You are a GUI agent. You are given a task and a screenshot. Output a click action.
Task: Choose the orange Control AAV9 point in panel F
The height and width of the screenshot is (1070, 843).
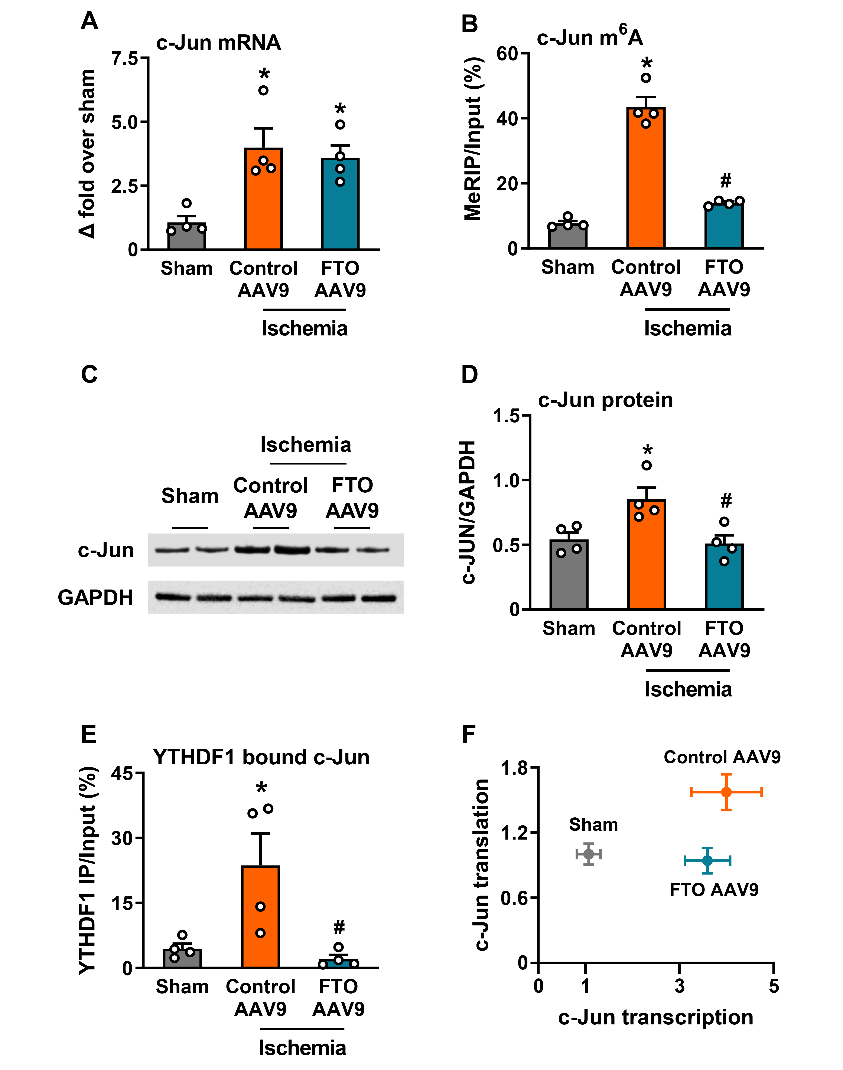(x=726, y=792)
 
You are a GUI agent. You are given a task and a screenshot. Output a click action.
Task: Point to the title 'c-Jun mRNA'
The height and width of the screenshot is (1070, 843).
(x=219, y=43)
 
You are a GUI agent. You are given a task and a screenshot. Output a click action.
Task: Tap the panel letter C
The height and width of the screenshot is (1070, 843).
(x=89, y=374)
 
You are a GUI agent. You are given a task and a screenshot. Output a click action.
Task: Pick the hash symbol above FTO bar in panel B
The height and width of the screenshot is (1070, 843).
(x=725, y=181)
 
